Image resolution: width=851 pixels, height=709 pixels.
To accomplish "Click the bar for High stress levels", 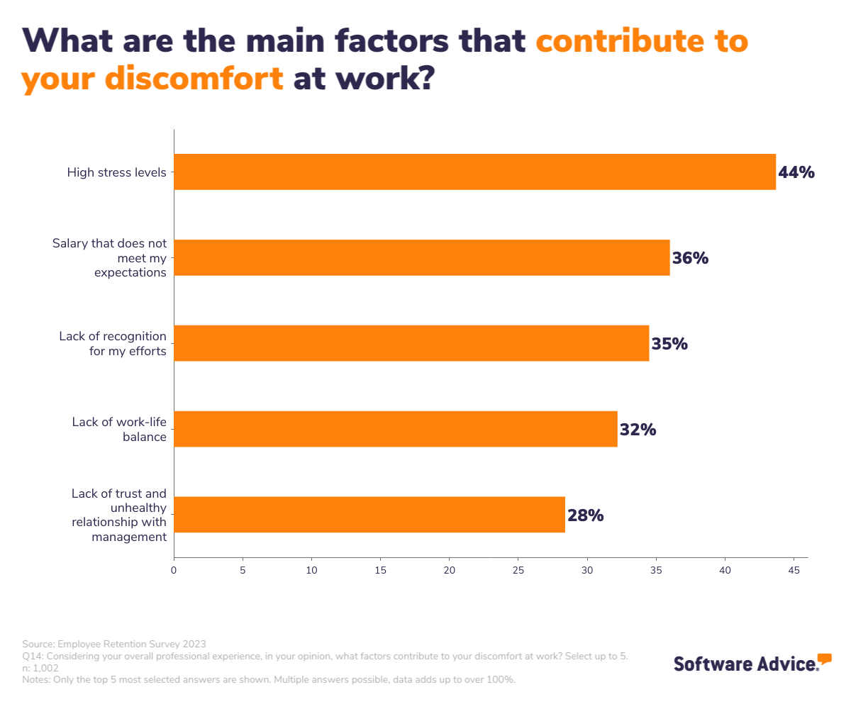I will point(474,172).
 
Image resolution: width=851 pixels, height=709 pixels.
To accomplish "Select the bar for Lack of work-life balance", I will point(395,429).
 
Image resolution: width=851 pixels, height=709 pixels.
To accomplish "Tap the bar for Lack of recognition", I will point(411,343).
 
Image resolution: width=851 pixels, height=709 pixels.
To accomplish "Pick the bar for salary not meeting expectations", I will point(421,257).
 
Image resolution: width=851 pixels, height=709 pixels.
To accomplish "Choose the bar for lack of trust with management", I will point(369,515).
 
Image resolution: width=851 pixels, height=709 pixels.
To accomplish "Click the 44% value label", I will point(796,172).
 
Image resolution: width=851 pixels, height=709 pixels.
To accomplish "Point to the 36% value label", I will point(690,258).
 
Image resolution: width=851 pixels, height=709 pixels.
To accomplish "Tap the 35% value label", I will point(669,344).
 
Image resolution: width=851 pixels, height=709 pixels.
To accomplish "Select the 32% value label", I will point(638,430).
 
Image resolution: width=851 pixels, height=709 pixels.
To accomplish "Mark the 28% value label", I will point(585,515).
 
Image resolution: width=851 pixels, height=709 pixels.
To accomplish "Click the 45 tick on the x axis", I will point(794,569).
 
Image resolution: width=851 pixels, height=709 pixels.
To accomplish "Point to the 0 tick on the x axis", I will point(174,569).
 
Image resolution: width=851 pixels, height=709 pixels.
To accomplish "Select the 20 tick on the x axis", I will point(450,569).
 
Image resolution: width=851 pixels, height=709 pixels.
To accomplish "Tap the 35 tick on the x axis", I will point(656,569).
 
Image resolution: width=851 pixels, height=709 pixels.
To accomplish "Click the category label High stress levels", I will point(117,172).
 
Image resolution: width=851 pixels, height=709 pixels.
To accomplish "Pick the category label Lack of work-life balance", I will point(119,429).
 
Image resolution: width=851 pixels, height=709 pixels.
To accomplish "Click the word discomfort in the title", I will point(194,78).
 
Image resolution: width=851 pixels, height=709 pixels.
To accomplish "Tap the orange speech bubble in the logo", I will point(824,659).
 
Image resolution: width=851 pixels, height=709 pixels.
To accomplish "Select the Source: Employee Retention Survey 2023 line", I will point(114,644).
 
